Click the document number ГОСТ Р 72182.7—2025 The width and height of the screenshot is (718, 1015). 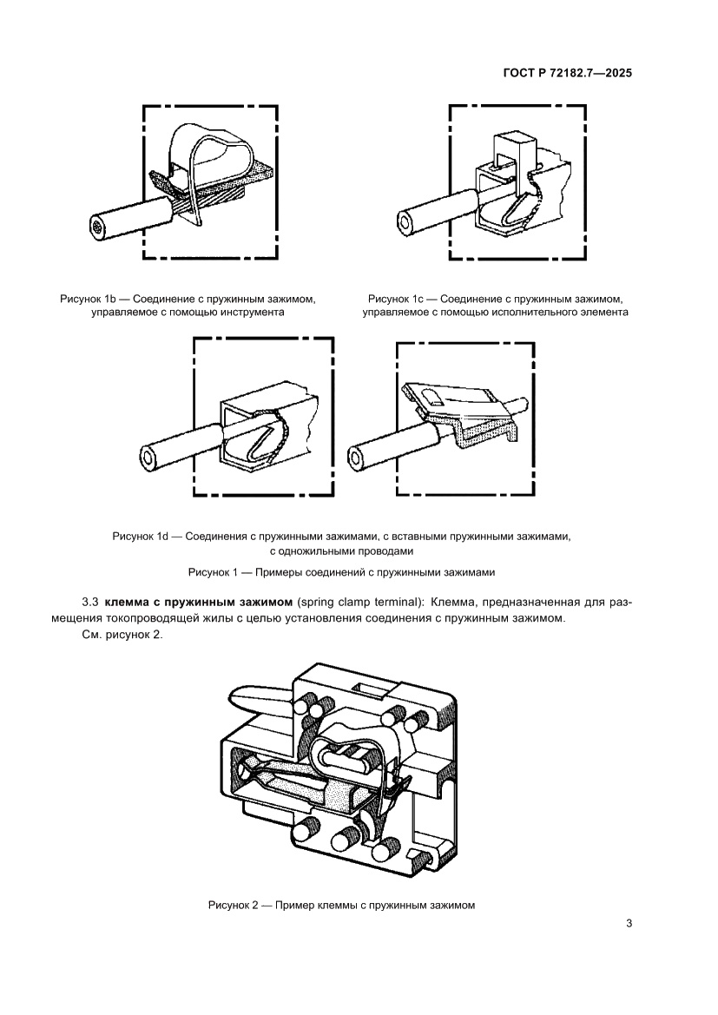coord(567,73)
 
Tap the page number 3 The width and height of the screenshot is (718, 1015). coord(628,923)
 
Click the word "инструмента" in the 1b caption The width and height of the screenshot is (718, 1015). coord(254,312)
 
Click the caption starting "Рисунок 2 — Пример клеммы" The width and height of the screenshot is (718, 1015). coord(342,905)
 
